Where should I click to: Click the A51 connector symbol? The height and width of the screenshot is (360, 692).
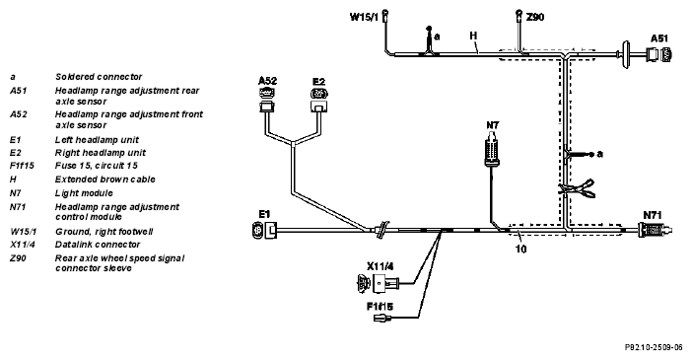(659, 55)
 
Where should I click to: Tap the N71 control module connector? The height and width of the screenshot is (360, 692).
(656, 230)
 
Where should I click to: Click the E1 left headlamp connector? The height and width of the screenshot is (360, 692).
(264, 230)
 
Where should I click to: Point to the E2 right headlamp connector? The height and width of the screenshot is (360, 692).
(319, 100)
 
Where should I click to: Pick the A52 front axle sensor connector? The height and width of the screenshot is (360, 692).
(266, 100)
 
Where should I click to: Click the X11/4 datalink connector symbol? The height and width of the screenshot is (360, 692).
(379, 283)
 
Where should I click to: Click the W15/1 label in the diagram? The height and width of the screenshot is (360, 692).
(364, 17)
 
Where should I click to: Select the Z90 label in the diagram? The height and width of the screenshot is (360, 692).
(535, 17)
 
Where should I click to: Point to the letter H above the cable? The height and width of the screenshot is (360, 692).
(473, 36)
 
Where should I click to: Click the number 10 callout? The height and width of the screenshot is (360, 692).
(520, 250)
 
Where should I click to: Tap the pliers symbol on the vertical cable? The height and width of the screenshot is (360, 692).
(577, 189)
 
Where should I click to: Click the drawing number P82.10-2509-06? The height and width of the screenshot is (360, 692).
(654, 347)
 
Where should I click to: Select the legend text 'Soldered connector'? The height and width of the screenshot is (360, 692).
(99, 77)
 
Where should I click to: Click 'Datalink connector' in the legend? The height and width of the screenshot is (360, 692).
(98, 245)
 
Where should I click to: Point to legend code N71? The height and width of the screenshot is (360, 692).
(18, 207)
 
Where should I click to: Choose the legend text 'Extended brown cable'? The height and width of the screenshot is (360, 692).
(105, 180)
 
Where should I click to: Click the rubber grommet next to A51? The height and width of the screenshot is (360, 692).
(626, 55)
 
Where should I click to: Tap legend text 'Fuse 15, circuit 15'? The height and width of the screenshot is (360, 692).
(97, 166)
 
